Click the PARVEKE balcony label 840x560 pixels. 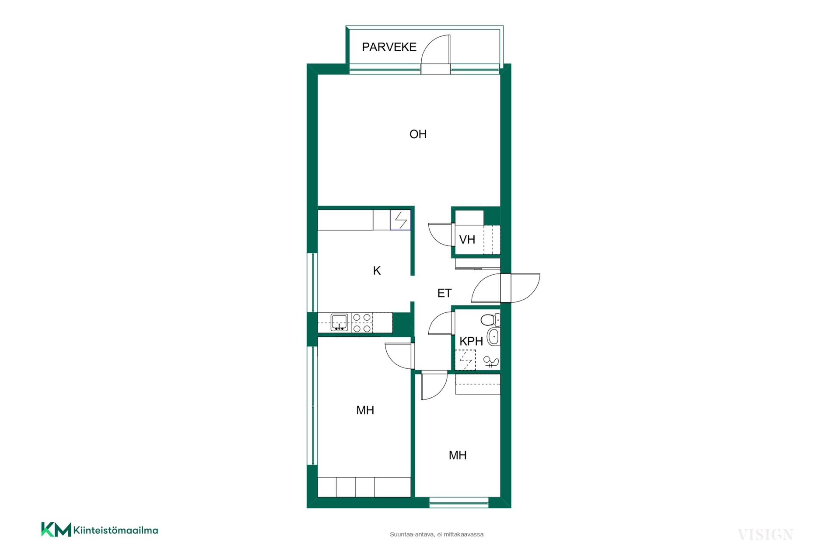click(389, 47)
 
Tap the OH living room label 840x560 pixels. click(418, 134)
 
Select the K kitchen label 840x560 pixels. click(377, 271)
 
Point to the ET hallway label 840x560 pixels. click(444, 293)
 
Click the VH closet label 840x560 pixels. click(467, 240)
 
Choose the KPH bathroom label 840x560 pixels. click(471, 341)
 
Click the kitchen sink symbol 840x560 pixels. click(339, 322)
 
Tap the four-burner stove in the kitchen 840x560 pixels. click(362, 323)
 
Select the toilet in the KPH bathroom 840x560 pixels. click(490, 320)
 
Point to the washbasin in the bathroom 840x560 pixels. click(493, 336)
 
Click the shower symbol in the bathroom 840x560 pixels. click(490, 362)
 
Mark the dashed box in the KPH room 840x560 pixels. click(465, 360)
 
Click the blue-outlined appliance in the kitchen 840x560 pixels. click(400, 220)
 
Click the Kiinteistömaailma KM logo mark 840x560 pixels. click(56, 529)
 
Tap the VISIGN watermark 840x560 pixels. click(765, 535)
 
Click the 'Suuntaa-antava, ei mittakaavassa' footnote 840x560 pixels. click(437, 534)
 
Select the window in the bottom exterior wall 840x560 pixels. click(458, 503)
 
